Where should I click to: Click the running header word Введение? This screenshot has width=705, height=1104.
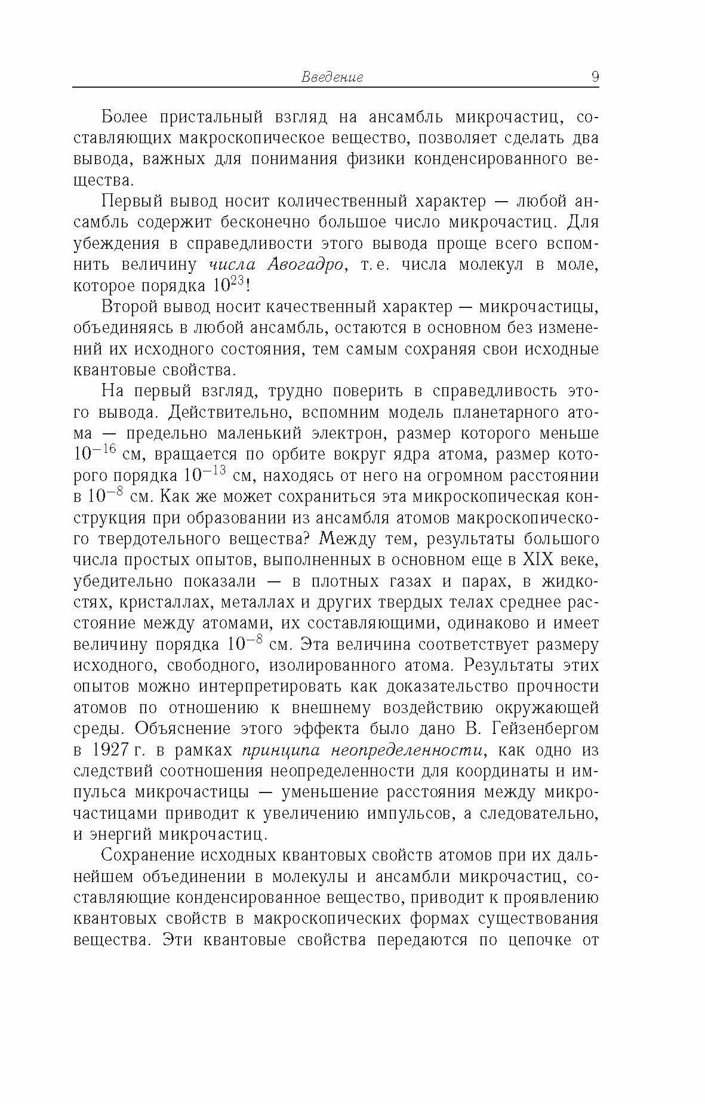coord(332,77)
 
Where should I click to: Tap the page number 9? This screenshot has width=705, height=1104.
coord(595,77)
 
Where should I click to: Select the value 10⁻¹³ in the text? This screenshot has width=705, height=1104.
coord(204,475)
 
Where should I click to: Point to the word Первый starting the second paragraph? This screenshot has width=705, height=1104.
coord(131,201)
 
